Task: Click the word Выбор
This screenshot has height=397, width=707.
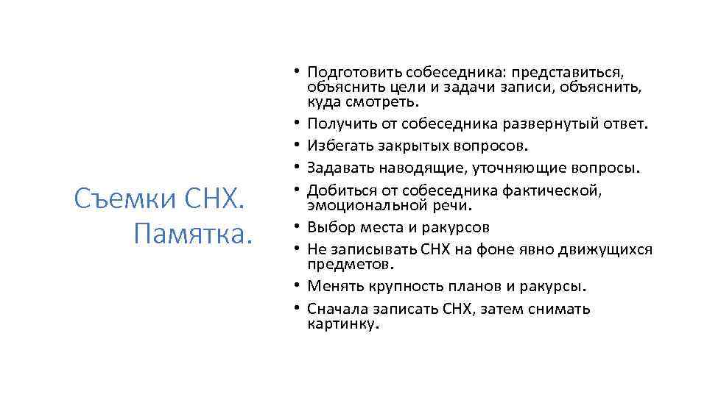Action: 329,227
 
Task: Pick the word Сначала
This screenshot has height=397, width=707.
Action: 338,309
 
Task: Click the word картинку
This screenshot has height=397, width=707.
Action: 343,323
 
